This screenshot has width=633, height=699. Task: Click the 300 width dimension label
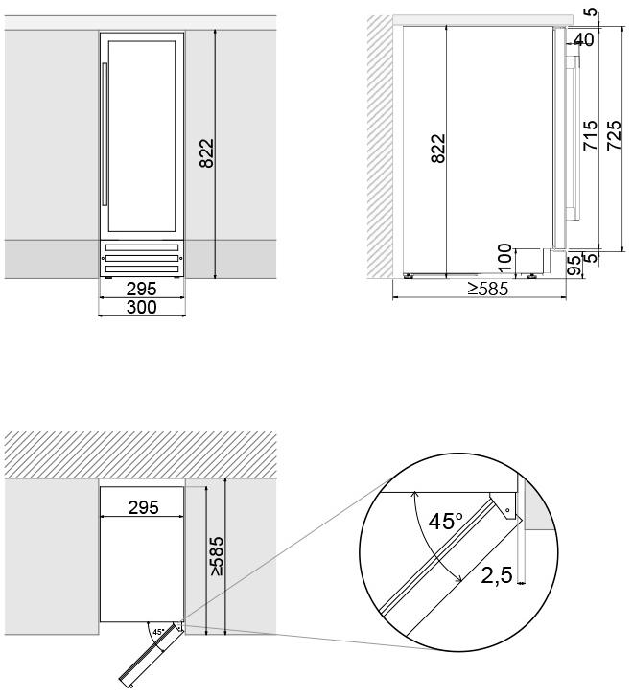click(x=141, y=307)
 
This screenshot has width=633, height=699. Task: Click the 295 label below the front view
click(x=141, y=289)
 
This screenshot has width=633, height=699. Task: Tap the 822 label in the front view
click(x=207, y=153)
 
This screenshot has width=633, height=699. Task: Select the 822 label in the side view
click(x=438, y=149)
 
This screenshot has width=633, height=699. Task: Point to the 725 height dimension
click(x=614, y=135)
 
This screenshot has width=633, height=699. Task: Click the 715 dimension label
click(x=590, y=135)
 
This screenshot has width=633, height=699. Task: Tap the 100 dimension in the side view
click(x=504, y=258)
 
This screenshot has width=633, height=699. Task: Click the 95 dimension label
click(x=575, y=266)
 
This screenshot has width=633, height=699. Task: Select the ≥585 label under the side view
click(x=487, y=289)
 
